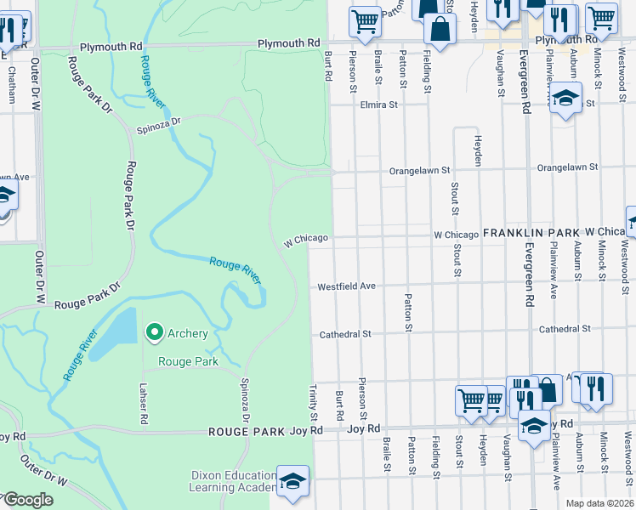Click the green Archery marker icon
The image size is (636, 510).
154,332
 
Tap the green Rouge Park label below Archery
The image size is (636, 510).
189,361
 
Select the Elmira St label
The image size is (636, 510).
379,105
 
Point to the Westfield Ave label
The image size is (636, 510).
346,287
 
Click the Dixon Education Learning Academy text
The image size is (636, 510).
232,482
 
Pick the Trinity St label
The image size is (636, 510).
314,403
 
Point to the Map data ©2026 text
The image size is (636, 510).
599,503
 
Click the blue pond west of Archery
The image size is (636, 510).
116,335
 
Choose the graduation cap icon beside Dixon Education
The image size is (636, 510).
292,480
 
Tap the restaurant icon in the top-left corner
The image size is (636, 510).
10,30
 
